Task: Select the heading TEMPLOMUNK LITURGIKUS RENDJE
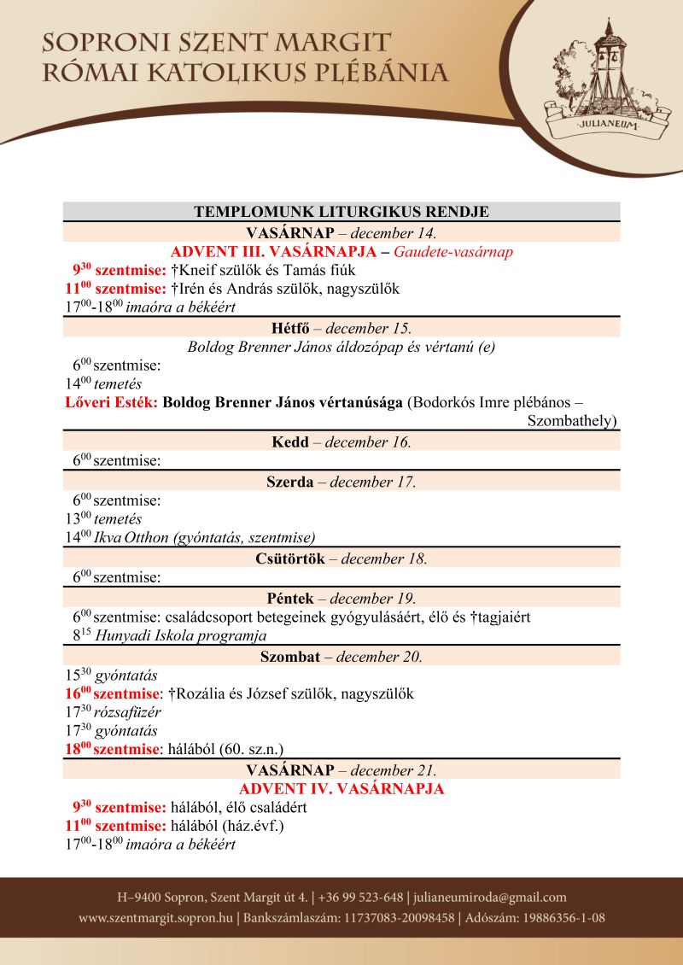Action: [x=341, y=212]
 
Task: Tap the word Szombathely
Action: [x=571, y=421]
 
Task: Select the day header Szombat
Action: [x=290, y=657]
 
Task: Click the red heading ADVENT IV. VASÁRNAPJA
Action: [x=341, y=788]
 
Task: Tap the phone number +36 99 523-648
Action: [x=361, y=898]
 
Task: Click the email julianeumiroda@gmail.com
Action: [x=491, y=898]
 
